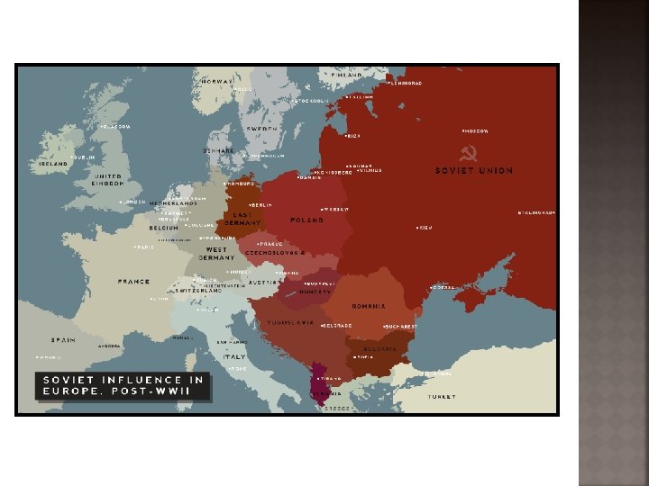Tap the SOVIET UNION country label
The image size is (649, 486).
(x=474, y=170)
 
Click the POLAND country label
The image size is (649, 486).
(x=306, y=220)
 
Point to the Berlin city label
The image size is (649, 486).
(x=261, y=205)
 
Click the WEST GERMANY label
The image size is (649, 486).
(x=216, y=253)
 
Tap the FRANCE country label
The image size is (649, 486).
(x=133, y=282)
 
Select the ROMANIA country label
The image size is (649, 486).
(x=369, y=306)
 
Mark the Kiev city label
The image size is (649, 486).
(x=425, y=228)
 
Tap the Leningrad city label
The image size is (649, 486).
(x=405, y=82)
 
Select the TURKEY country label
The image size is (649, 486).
(x=442, y=396)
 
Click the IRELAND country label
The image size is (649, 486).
(x=52, y=165)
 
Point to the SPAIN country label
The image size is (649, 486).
(x=63, y=340)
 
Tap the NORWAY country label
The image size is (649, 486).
(x=217, y=81)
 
